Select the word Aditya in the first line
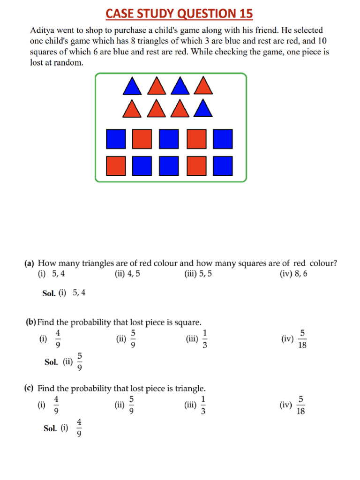pos(43,30)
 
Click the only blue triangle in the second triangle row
pos(202,110)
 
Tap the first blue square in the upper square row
pos(116,139)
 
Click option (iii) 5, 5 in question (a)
pos(198,274)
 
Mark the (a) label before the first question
pos(29,264)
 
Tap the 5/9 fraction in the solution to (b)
pos(80,362)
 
